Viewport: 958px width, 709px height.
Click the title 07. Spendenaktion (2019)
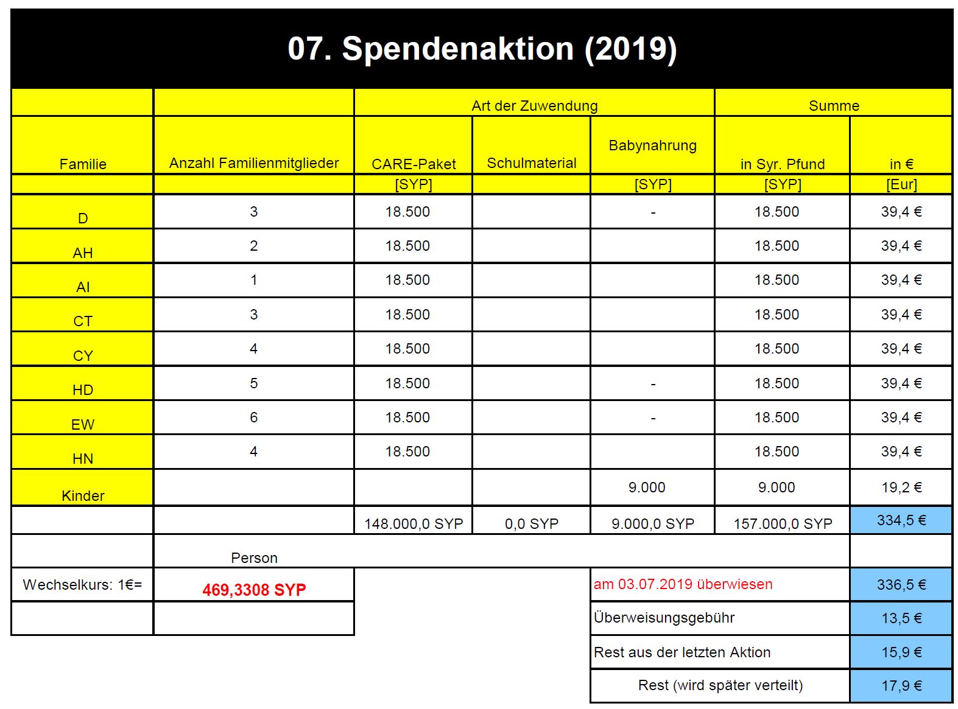(482, 49)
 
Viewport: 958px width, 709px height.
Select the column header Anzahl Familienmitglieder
(253, 163)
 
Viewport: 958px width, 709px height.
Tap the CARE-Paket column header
(414, 164)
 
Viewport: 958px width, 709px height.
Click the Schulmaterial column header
(531, 163)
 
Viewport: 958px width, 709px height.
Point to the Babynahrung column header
(652, 145)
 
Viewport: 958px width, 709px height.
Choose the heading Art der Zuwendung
(534, 106)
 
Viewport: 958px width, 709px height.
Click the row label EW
(83, 424)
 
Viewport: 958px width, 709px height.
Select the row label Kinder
(83, 495)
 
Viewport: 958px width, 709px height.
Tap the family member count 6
(253, 417)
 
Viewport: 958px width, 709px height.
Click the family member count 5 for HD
(253, 383)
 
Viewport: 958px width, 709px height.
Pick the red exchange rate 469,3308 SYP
(253, 590)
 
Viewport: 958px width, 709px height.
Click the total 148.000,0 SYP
(414, 523)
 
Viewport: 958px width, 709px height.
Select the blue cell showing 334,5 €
(901, 520)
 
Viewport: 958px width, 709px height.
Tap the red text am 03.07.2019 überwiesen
(683, 584)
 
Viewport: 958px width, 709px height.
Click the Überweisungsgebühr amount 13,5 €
(901, 618)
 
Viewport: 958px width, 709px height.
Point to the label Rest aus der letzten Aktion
(682, 652)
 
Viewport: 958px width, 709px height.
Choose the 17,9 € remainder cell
(901, 686)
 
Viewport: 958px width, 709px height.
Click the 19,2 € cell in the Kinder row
(901, 487)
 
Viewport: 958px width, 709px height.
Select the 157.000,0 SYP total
(783, 523)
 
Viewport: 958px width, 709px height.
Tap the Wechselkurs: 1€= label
(82, 585)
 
